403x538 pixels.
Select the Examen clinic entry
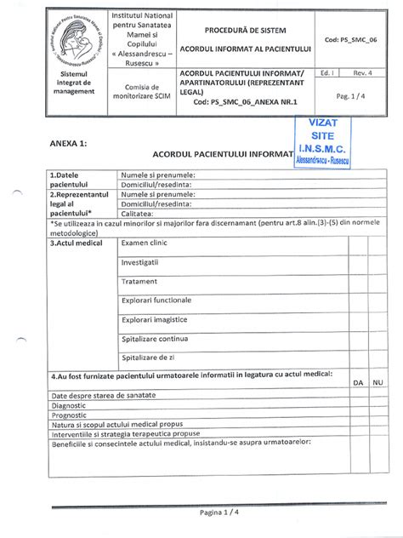150,243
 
